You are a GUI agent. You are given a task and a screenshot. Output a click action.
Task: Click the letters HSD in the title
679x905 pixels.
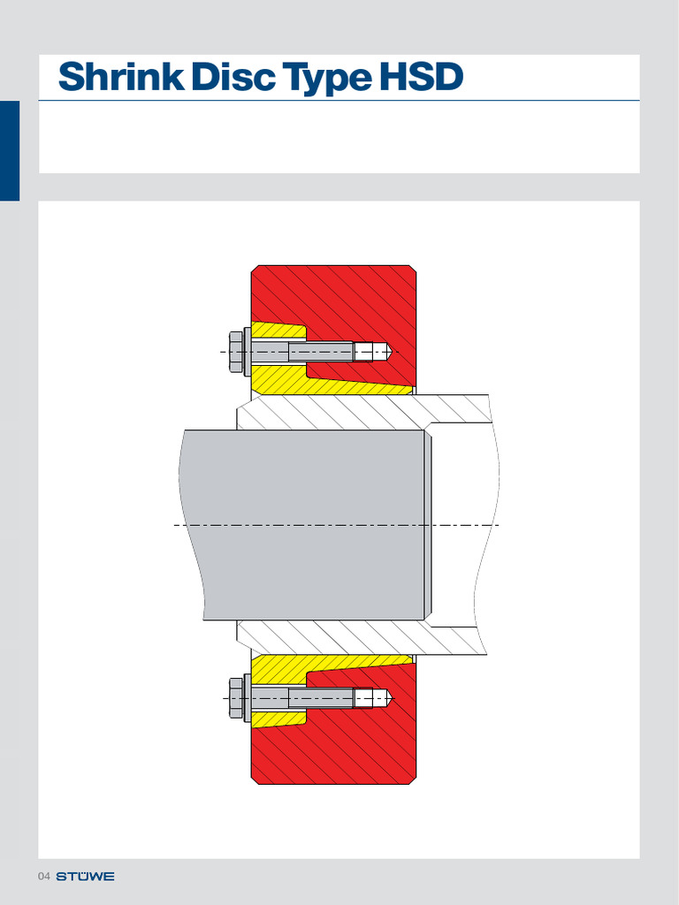point(421,78)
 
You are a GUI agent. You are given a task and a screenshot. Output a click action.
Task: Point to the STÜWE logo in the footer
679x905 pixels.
point(86,877)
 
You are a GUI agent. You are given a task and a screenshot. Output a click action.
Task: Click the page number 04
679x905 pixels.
point(43,877)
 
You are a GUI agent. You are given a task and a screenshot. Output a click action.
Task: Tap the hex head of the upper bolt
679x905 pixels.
point(236,352)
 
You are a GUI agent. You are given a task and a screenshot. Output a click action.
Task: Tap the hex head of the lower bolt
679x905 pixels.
point(236,698)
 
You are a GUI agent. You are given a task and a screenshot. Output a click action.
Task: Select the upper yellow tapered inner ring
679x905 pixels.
point(354,384)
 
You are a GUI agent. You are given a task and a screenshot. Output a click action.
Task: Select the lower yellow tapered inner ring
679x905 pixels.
point(354,665)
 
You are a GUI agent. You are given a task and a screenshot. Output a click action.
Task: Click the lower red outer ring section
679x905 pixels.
point(354,751)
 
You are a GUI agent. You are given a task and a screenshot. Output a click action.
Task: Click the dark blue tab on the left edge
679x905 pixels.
point(9,150)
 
